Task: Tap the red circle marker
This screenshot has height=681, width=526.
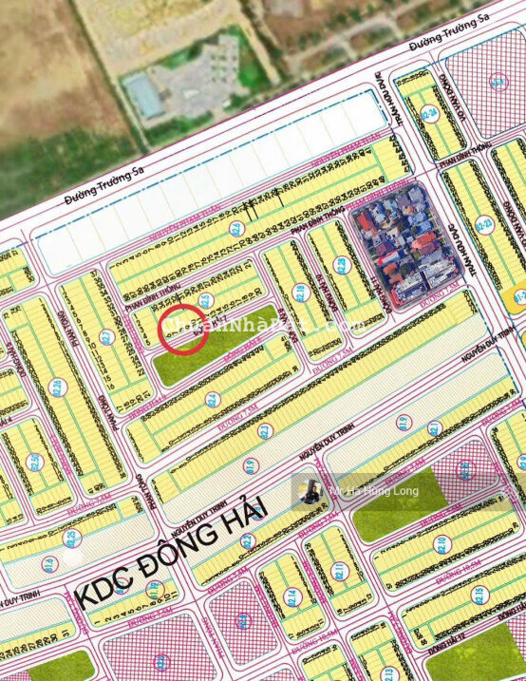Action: tap(185, 330)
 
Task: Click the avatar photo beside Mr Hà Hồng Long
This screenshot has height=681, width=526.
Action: tap(310, 492)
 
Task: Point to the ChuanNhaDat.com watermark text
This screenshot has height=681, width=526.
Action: tap(256, 325)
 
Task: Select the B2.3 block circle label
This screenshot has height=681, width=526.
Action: tap(265, 430)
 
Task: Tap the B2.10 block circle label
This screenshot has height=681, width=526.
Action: tap(441, 542)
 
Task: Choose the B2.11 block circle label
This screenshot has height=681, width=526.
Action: tap(341, 571)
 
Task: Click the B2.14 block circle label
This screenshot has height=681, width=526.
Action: tap(291, 596)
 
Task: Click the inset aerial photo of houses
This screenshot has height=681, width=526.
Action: tap(404, 242)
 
